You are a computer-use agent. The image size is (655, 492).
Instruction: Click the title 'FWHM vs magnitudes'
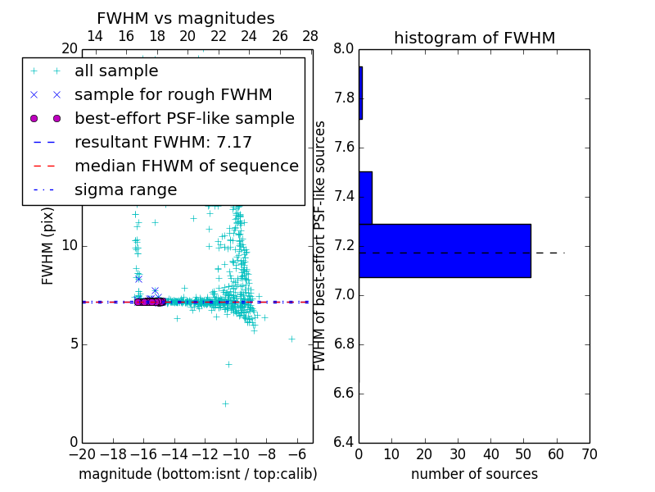(185, 19)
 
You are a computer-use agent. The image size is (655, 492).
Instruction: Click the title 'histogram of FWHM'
(474, 38)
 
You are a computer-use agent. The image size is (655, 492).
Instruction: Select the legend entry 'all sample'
(116, 71)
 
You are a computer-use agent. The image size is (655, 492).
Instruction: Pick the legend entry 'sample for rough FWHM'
(173, 95)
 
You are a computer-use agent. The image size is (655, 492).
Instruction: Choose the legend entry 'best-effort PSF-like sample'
(184, 119)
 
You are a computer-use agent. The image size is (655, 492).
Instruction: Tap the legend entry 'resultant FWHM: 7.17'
(163, 143)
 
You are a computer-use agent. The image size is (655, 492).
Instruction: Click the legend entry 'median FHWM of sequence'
(186, 166)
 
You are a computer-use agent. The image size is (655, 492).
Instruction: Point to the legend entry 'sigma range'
(125, 190)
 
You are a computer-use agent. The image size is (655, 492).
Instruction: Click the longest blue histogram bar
(445, 250)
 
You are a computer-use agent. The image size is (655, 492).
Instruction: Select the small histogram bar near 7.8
(360, 93)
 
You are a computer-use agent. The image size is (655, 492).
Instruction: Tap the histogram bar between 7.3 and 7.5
(365, 198)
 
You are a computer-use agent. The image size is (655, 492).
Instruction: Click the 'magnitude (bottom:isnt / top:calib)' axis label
(197, 474)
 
